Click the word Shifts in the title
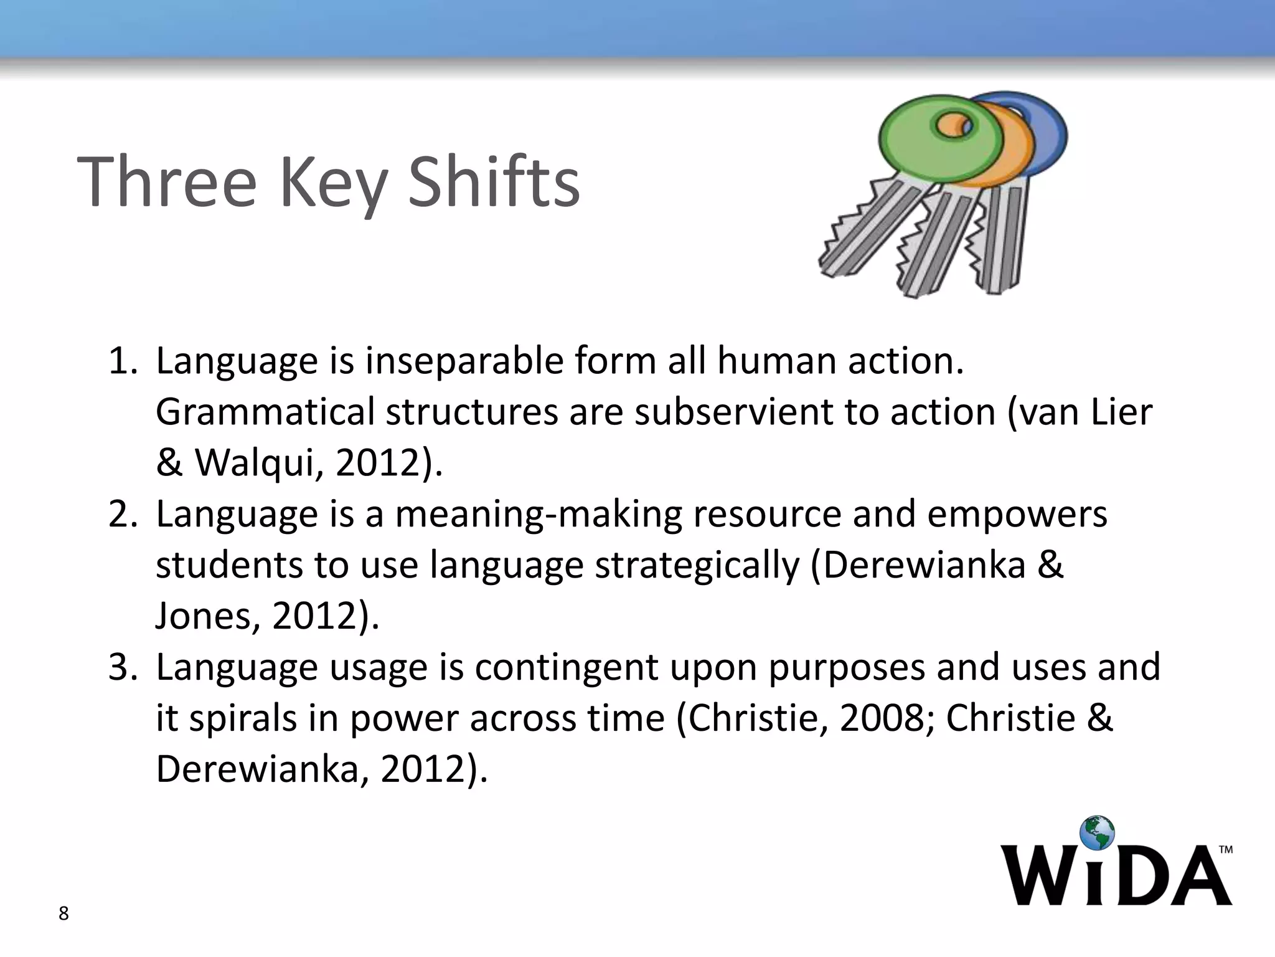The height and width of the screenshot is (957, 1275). coord(493,181)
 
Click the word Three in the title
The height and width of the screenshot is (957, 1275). coord(167,181)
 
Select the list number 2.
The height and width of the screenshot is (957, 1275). coord(122,514)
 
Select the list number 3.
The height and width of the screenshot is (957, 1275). coord(122,667)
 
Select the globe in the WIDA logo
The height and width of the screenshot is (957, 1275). coord(1097,833)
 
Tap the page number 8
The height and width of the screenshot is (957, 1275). coord(64,914)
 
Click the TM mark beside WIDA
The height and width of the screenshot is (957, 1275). coord(1225,850)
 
